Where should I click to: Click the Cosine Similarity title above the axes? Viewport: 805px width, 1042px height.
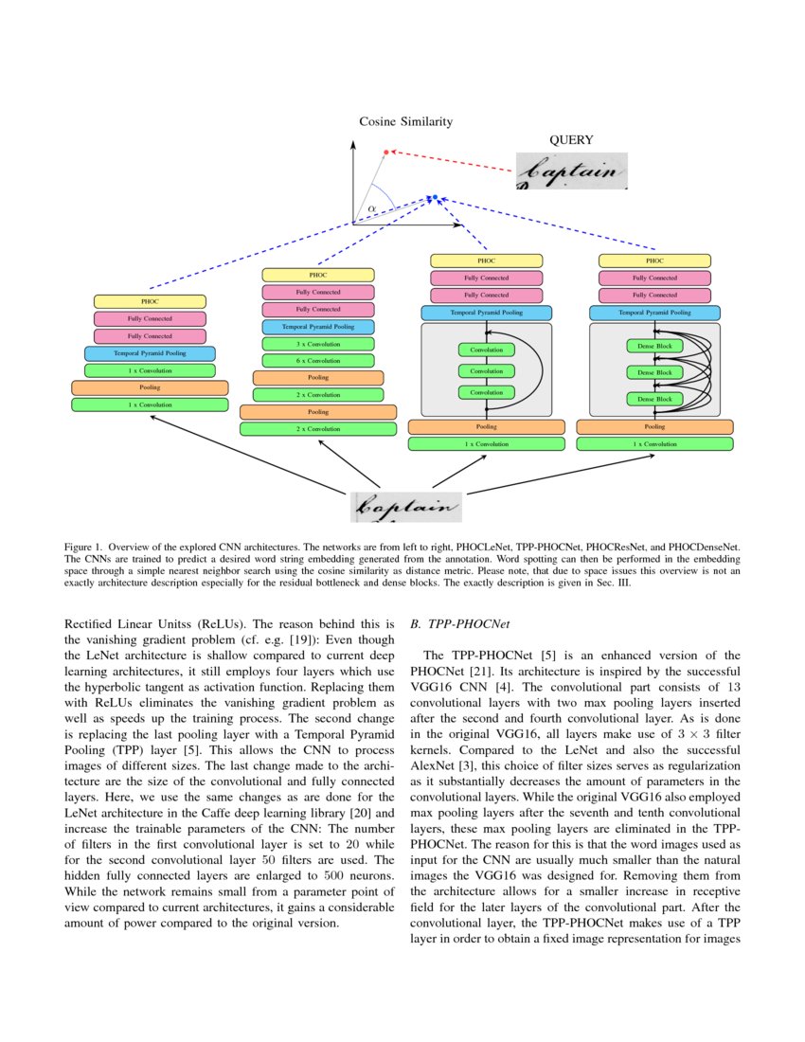pos(405,121)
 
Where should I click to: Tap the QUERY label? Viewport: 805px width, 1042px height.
pos(571,140)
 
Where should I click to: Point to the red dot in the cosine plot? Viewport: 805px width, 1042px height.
pos(385,152)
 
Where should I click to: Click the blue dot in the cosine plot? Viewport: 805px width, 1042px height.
pos(432,197)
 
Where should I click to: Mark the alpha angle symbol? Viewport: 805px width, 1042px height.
pos(372,208)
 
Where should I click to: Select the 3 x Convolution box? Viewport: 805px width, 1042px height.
pos(318,344)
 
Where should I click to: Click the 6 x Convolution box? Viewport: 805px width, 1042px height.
pos(318,361)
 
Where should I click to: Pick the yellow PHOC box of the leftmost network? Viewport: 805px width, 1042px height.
pos(150,301)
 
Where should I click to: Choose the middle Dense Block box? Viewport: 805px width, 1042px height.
pos(654,372)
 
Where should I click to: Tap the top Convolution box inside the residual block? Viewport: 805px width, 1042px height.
pos(486,350)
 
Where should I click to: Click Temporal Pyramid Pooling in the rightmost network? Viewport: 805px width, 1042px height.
pos(654,312)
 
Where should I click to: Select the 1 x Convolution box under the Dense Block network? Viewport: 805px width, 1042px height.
pos(654,443)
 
